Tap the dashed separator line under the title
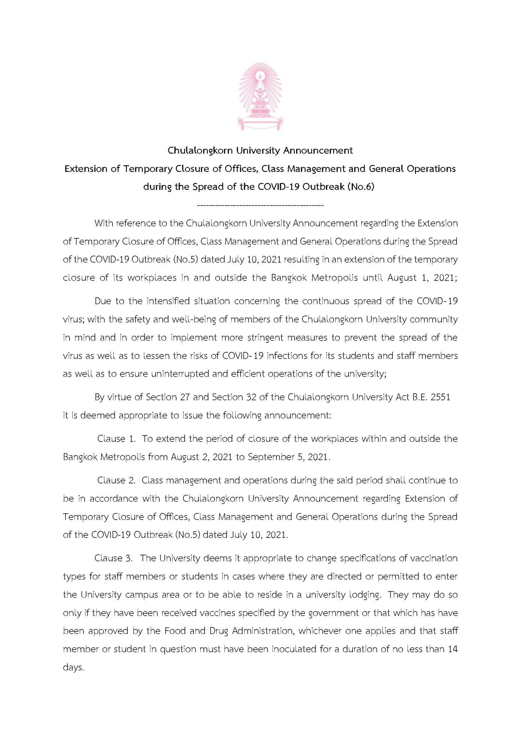point(260,206)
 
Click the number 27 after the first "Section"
point(184,397)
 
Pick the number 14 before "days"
point(453,649)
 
